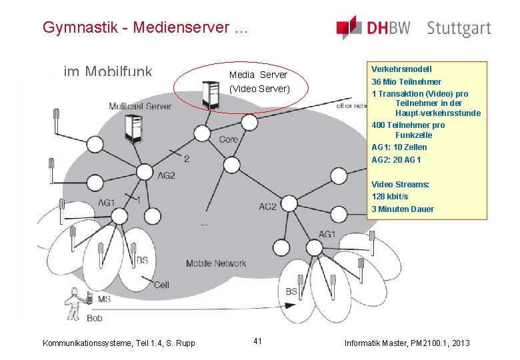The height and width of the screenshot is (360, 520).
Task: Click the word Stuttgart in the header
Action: (x=459, y=29)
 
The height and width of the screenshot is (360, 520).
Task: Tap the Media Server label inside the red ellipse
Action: (x=258, y=75)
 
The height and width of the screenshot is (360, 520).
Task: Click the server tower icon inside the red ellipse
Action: (x=211, y=94)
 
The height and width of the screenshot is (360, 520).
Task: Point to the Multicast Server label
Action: (x=140, y=107)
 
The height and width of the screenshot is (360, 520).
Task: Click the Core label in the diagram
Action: (x=228, y=139)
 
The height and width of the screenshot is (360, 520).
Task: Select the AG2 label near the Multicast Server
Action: (x=165, y=175)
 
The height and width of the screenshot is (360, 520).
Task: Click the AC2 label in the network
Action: (x=268, y=207)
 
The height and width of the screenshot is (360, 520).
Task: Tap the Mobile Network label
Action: (x=216, y=263)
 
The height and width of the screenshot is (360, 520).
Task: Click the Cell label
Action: (x=161, y=285)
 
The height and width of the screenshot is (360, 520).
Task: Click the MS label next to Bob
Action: (x=104, y=300)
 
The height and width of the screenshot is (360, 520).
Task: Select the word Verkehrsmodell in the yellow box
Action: (x=401, y=69)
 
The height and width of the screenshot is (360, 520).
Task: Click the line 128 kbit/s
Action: (x=390, y=197)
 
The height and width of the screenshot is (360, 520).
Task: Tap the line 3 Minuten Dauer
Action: (x=403, y=209)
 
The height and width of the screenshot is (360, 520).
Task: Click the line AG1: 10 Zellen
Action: (x=399, y=147)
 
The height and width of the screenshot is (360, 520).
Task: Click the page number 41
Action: (x=258, y=341)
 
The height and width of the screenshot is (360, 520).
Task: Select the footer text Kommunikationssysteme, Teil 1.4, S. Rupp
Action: (x=119, y=343)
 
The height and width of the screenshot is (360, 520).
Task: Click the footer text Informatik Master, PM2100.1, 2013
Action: (x=407, y=343)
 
